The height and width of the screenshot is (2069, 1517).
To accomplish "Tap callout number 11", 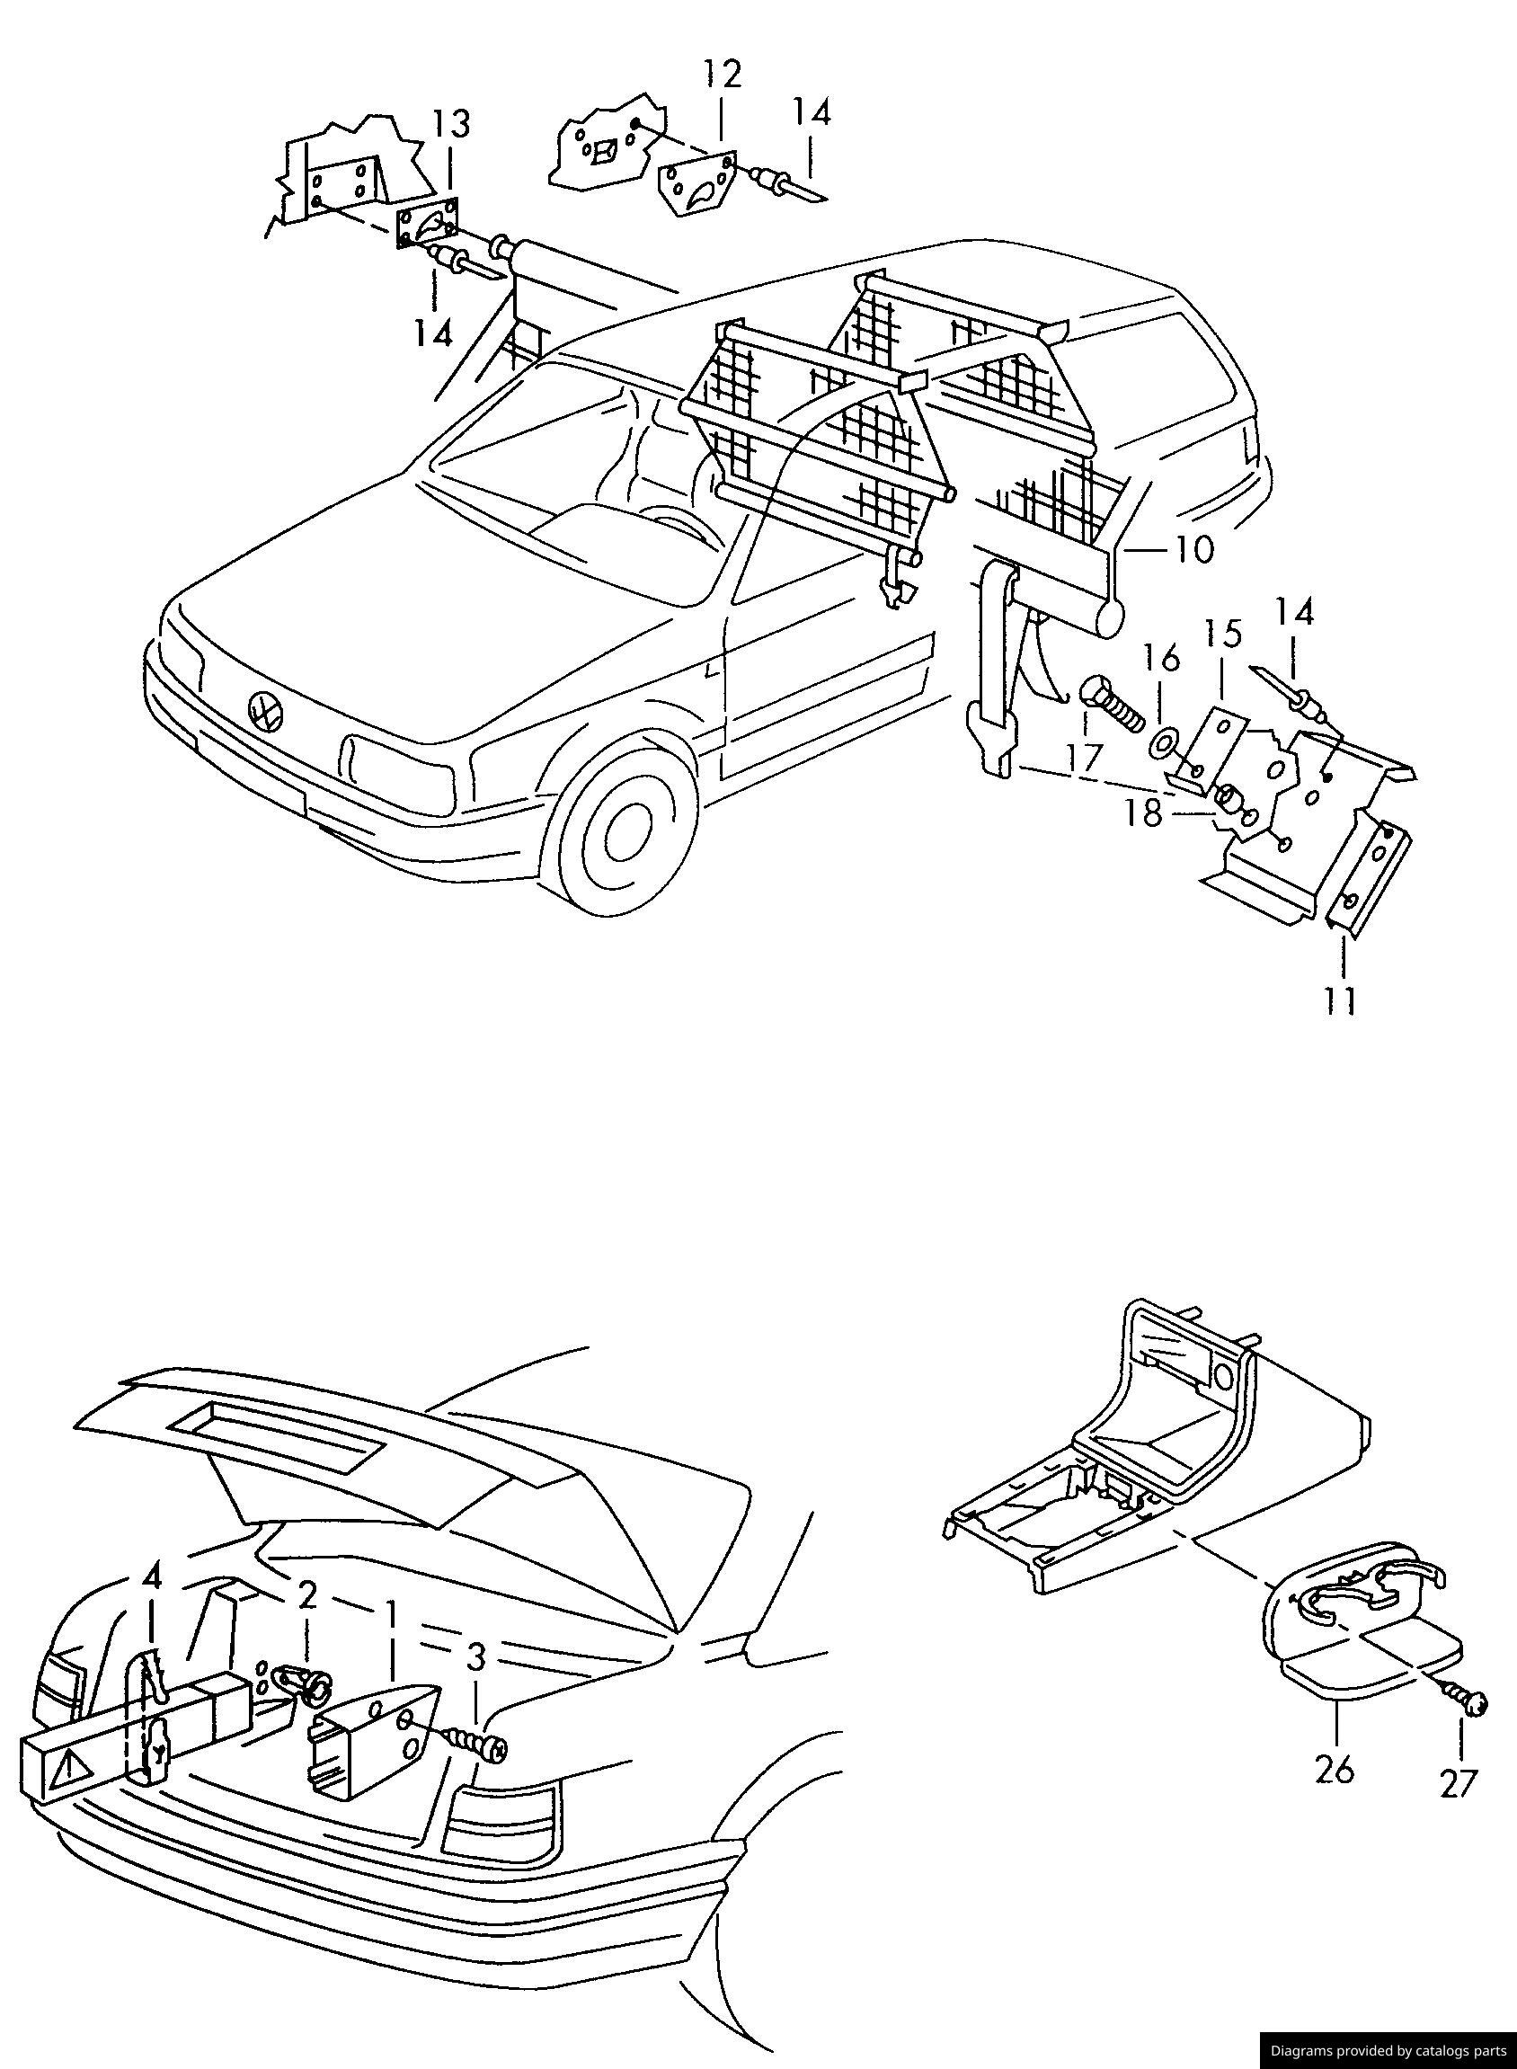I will (x=1342, y=1000).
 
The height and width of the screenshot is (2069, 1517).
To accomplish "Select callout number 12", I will (x=722, y=75).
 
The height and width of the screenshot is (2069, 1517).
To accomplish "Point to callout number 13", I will (x=451, y=123).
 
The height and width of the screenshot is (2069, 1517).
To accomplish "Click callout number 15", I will (x=1223, y=635).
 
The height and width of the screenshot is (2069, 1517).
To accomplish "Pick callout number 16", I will (x=1160, y=659).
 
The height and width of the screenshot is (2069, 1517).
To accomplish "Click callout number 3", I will (x=475, y=1657).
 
